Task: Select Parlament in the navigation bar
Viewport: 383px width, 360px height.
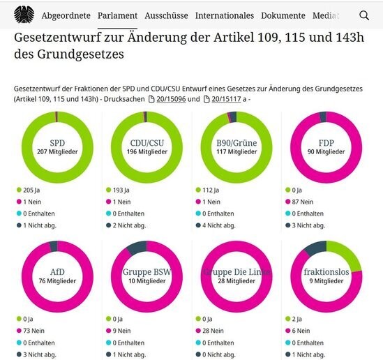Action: click(x=117, y=15)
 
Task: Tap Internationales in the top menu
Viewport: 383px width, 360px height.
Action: click(x=224, y=15)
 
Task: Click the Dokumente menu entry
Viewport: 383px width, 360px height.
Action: click(x=283, y=15)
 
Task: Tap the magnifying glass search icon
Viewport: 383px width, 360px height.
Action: click(x=364, y=15)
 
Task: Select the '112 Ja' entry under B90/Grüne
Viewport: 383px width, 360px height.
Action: click(x=211, y=190)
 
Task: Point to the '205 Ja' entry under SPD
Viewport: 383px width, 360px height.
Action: click(x=31, y=190)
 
